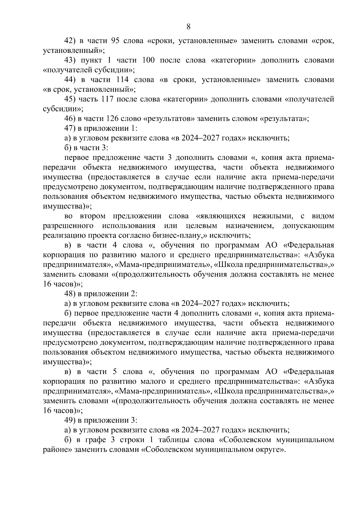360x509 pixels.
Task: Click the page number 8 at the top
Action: coord(188,27)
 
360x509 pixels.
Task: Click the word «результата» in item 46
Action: coord(283,119)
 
